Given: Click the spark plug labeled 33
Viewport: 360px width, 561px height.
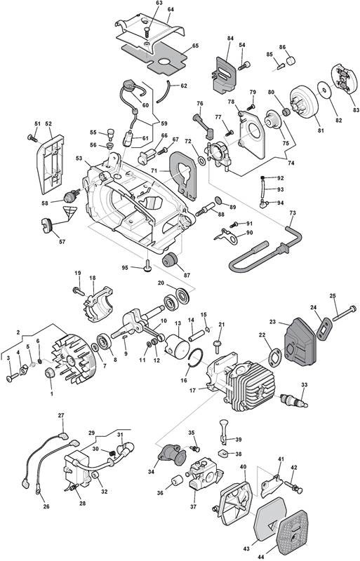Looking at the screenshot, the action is coord(294,400).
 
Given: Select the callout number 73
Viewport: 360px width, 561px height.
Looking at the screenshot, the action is coord(293,213).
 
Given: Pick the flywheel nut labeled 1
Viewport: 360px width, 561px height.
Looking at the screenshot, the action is coord(49,372).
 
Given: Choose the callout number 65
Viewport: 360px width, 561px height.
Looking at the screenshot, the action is coord(195,46).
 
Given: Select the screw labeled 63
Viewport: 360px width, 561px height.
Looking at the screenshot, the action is coord(147,31).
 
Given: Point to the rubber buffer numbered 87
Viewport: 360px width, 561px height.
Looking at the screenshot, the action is coord(170,259).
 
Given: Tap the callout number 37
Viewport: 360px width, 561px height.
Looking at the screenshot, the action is coord(194,506).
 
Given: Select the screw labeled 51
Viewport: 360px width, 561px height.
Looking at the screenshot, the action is coord(32,137).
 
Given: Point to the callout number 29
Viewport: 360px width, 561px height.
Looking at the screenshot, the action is coord(92,433).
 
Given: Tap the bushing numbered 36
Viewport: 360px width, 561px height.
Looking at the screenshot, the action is coord(177,481).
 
